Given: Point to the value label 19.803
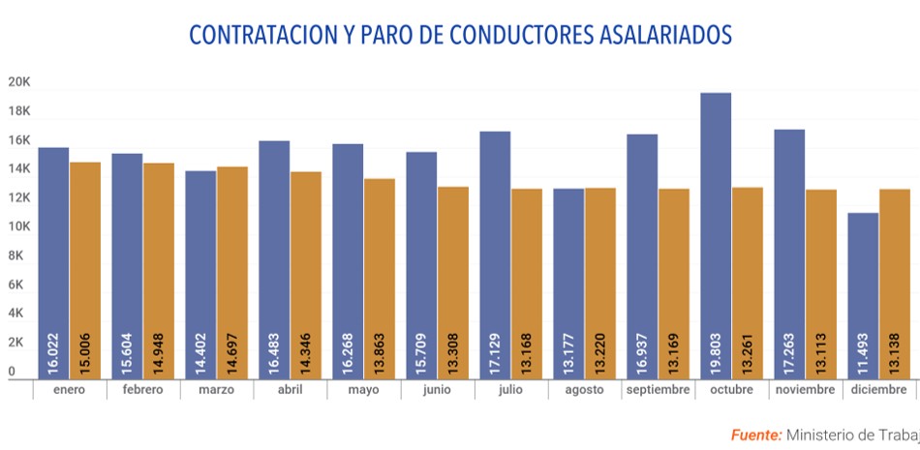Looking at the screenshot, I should [716, 349].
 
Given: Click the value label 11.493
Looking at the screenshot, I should [863, 349].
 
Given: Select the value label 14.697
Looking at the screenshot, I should [232, 349].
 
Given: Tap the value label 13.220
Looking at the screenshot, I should [600, 349].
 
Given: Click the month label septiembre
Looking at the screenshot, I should [658, 390].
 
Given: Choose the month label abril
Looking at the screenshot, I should [290, 390].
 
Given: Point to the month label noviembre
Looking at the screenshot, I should [805, 390].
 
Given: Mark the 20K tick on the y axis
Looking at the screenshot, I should [19, 82].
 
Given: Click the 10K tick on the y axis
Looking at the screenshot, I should [19, 226].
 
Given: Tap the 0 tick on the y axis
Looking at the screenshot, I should [12, 372].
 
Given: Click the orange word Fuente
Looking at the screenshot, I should [755, 435].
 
